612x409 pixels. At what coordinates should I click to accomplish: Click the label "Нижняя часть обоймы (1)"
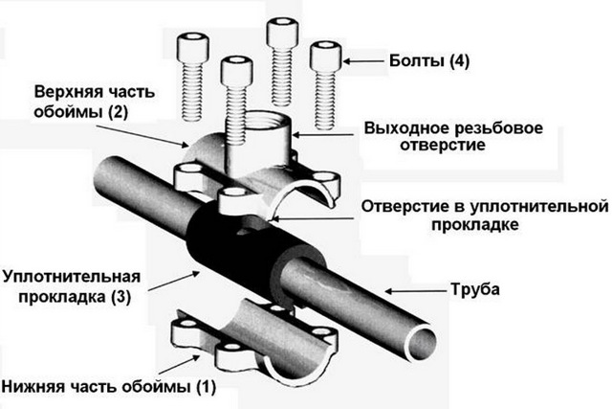pyautogui.click(x=108, y=388)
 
